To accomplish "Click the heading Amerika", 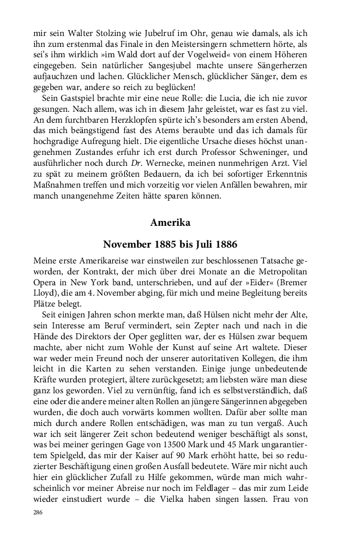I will coord(170,223).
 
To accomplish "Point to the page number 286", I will coord(38,513).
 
